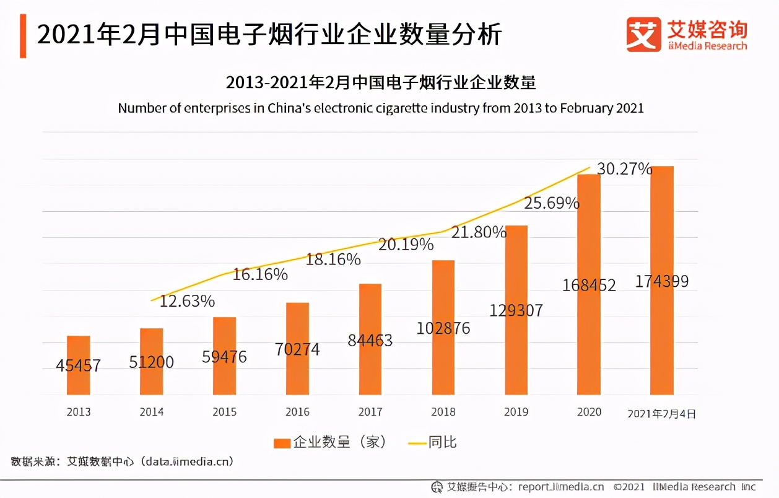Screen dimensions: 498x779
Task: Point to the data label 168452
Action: click(x=589, y=285)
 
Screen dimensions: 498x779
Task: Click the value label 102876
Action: click(x=443, y=328)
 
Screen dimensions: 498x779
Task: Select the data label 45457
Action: click(x=79, y=365)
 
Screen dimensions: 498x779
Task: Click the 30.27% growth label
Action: click(x=624, y=168)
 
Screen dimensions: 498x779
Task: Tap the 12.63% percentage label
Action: click(x=187, y=302)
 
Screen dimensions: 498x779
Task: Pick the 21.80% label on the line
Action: click(x=479, y=232)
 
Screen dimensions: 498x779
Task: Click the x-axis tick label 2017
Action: click(x=370, y=412)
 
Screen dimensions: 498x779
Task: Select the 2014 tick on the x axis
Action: click(x=151, y=412)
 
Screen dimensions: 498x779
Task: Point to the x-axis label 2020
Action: click(x=588, y=412)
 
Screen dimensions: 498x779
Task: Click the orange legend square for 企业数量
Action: click(x=282, y=442)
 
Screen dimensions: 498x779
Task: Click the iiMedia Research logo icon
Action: click(x=644, y=33)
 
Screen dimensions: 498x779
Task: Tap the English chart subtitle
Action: click(x=381, y=108)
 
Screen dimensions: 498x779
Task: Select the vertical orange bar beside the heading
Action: click(x=23, y=35)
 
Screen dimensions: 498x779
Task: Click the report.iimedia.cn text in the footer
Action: click(x=560, y=487)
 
